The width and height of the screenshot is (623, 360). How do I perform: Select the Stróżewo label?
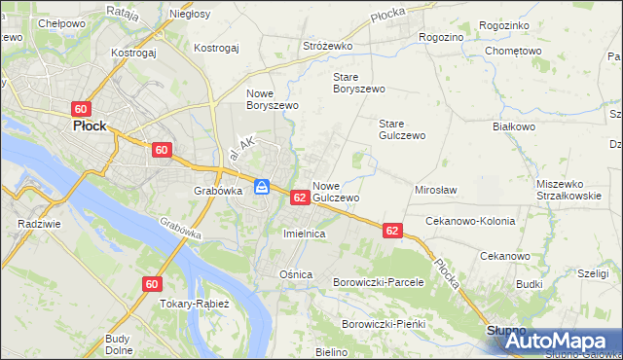pos(327,46)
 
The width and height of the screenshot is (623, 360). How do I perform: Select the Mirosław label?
pos(436,191)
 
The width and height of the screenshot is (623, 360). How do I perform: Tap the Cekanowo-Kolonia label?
pos(470,221)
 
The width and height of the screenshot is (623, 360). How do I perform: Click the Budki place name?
pos(530,284)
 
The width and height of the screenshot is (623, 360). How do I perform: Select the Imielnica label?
pos(303,234)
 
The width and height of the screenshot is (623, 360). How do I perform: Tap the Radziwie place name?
pos(34,223)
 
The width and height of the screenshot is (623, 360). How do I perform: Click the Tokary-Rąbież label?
pos(196,304)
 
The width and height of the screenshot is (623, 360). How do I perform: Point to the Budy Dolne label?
pos(118,344)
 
